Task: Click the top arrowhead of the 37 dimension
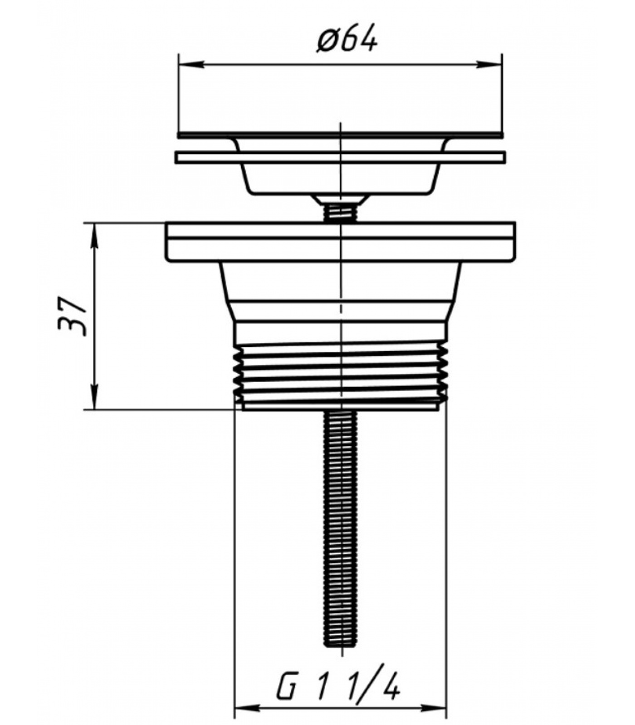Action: click(x=94, y=235)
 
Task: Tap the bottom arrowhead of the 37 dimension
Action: click(x=94, y=397)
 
